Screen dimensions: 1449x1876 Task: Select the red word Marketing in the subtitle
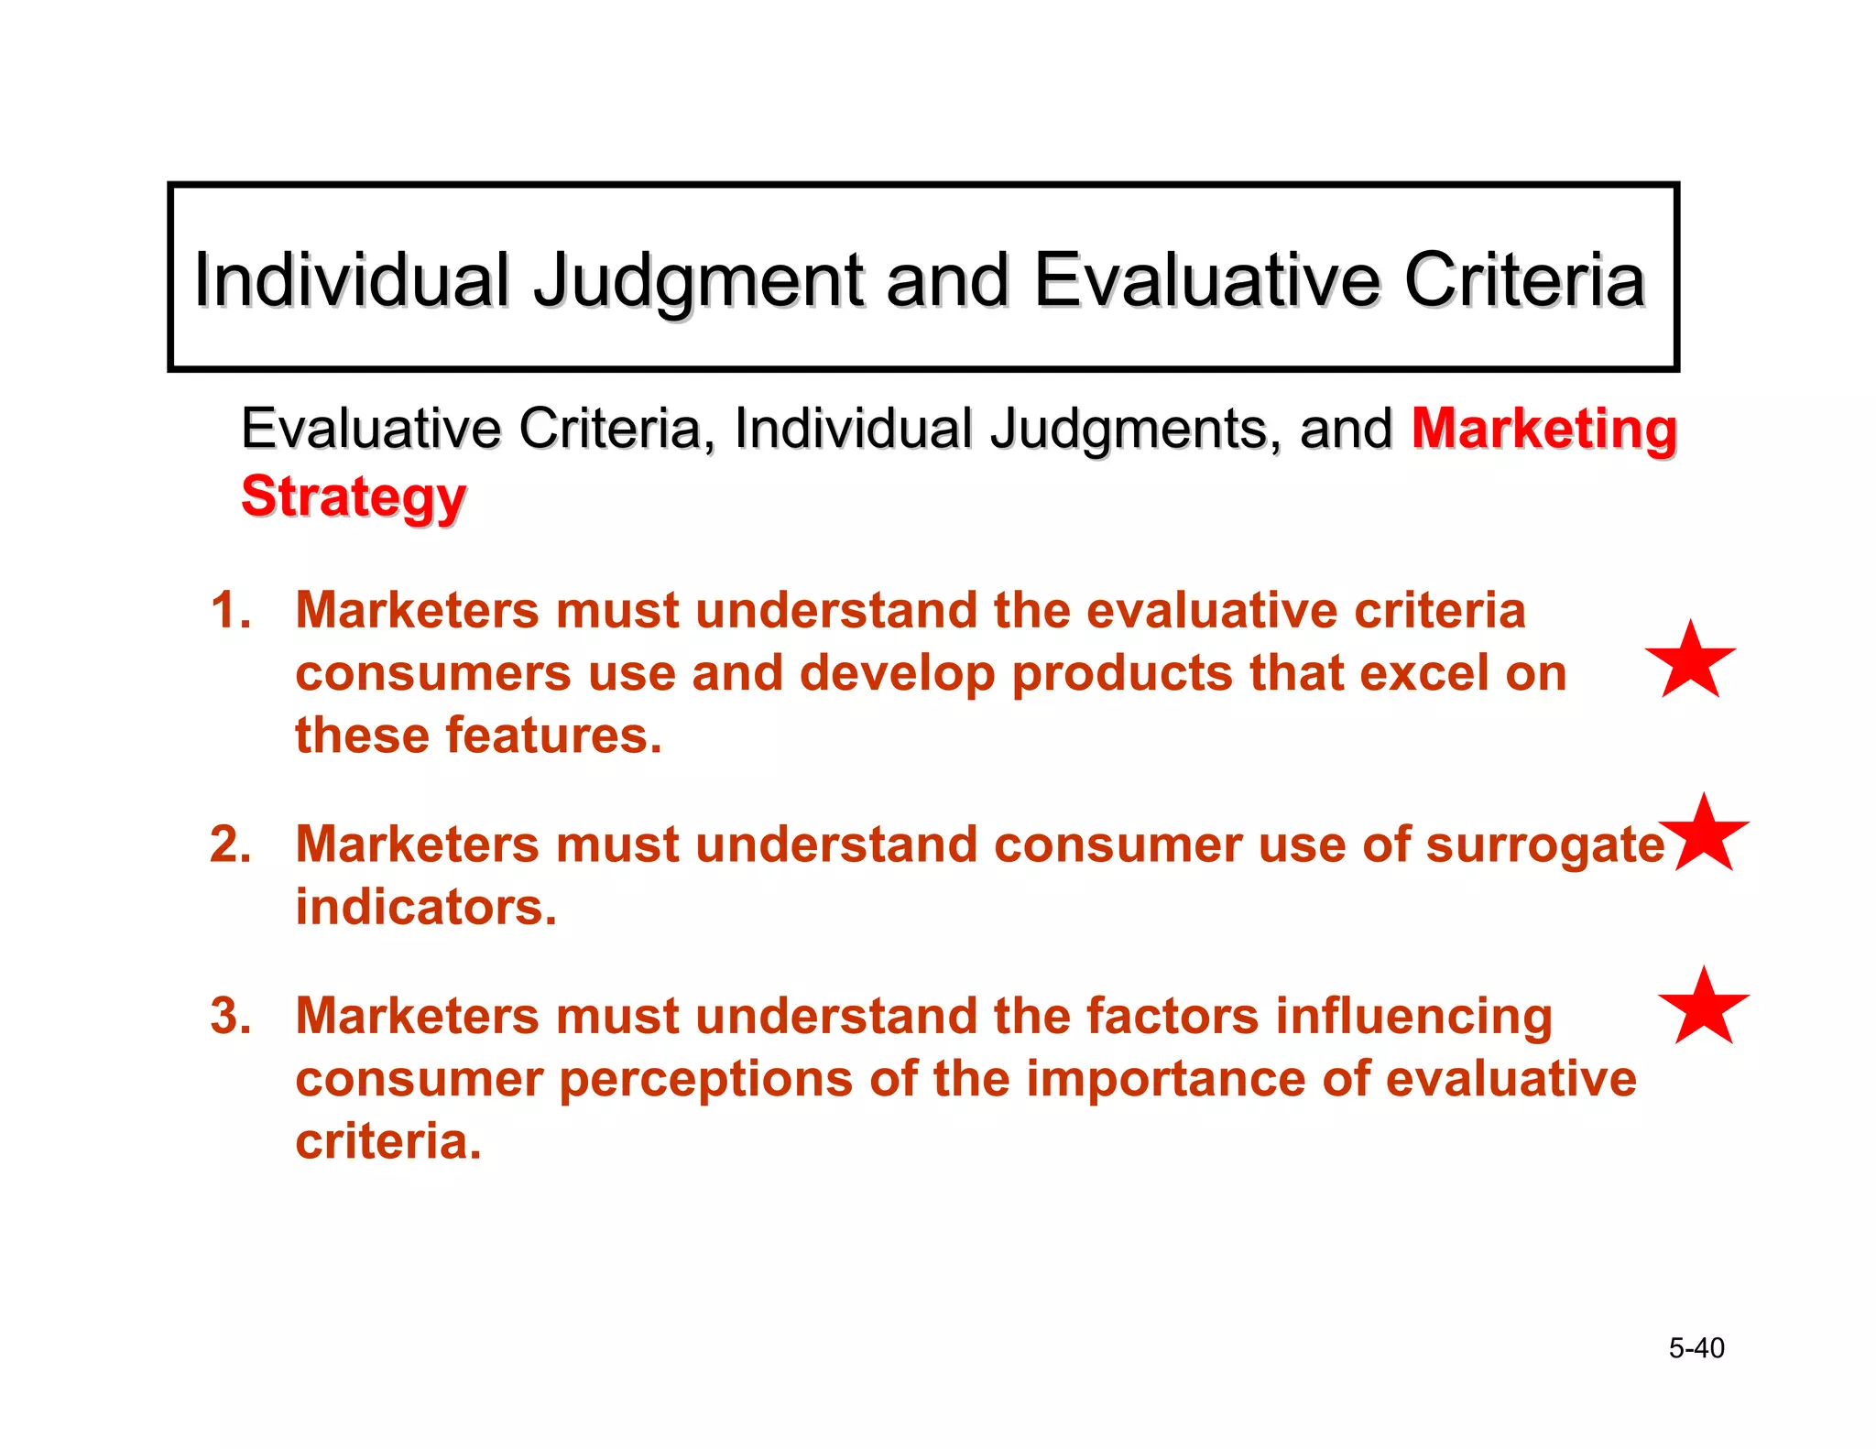tap(1543, 429)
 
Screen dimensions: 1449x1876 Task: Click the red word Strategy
tap(354, 496)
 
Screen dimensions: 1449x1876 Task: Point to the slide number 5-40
tap(1696, 1348)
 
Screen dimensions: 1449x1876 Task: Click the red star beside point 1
tap(1690, 661)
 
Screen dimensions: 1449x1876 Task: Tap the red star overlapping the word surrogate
tap(1705, 835)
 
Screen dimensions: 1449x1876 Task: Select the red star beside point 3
tap(1704, 1008)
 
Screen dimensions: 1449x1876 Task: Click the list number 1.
tap(229, 610)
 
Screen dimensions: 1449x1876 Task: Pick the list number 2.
tap(230, 844)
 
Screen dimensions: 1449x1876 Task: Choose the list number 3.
tap(230, 1016)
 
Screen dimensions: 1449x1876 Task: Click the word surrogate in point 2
tap(1544, 845)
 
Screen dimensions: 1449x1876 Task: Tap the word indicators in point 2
tap(426, 907)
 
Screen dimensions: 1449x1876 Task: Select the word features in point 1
tap(553, 735)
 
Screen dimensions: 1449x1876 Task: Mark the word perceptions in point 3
tap(705, 1079)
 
